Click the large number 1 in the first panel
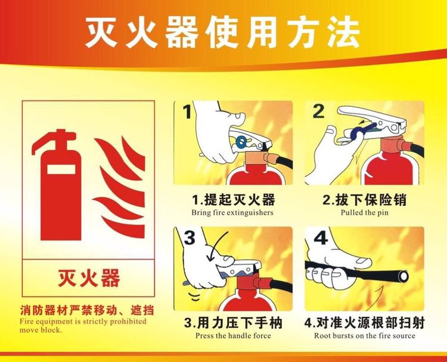pyautogui.click(x=187, y=112)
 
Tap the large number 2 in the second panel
pyautogui.click(x=318, y=112)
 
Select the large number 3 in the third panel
pyautogui.click(x=190, y=237)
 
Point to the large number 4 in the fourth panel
pyautogui.click(x=321, y=237)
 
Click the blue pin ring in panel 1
pyautogui.click(x=241, y=141)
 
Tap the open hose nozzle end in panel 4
pyautogui.click(x=403, y=276)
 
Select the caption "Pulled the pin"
pyautogui.click(x=364, y=212)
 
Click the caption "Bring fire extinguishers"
pyautogui.click(x=232, y=213)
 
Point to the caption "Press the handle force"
pyautogui.click(x=233, y=336)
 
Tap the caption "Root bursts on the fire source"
pyautogui.click(x=365, y=336)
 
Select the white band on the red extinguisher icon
pyautogui.click(x=61, y=168)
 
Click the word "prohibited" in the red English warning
pyautogui.click(x=128, y=321)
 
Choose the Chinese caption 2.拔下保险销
pyautogui.click(x=364, y=199)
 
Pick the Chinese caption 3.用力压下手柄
pyautogui.click(x=233, y=323)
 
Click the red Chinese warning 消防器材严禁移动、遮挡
pyautogui.click(x=87, y=310)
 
